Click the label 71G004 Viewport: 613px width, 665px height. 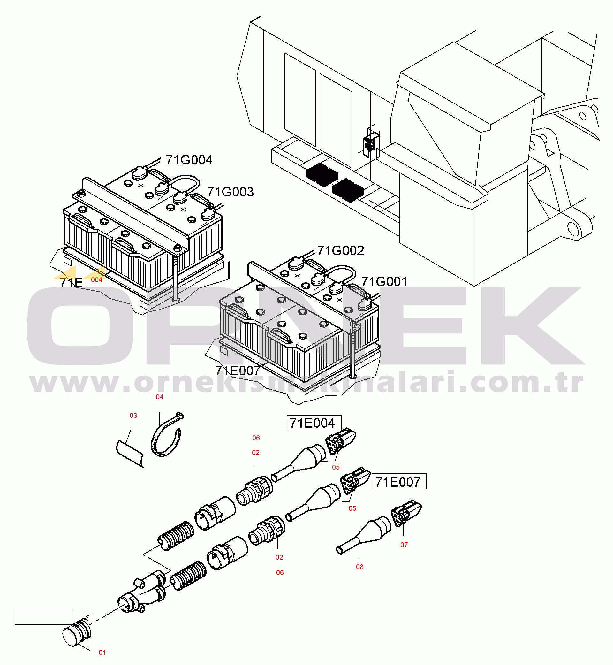[189, 160]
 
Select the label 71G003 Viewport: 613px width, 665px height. [230, 192]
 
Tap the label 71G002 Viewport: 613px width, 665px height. [340, 250]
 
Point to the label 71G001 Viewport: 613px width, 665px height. [384, 281]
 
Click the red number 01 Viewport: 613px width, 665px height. [102, 653]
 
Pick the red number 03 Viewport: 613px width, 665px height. [133, 416]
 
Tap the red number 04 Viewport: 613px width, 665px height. [159, 397]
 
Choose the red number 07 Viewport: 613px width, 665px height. [404, 545]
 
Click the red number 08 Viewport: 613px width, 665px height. [359, 567]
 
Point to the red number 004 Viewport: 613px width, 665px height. [96, 280]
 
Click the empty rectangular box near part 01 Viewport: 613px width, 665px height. [43, 616]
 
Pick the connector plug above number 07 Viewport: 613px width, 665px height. [406, 514]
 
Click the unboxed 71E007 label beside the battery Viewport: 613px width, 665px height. [237, 371]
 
